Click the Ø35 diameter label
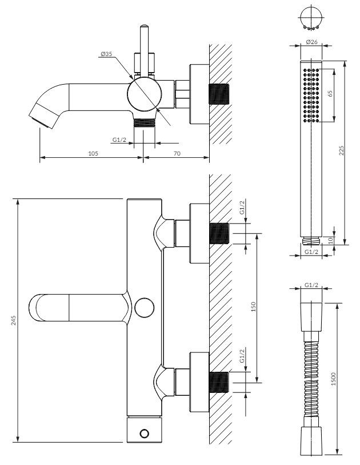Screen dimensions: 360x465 [x=106, y=54]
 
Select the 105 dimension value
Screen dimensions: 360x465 [x=93, y=153]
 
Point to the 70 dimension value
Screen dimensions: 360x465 [x=177, y=153]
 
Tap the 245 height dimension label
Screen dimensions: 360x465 [x=14, y=320]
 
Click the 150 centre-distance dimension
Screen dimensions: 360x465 [x=253, y=307]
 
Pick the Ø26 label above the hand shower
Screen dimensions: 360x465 [x=311, y=42]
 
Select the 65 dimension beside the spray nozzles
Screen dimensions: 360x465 [x=330, y=93]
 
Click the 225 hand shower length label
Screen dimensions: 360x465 [x=341, y=150]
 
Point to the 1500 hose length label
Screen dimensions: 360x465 [x=333, y=379]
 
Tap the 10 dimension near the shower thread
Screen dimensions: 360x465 [x=331, y=240]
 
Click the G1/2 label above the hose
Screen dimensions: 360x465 [x=311, y=285]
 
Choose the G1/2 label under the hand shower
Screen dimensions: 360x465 [x=311, y=252]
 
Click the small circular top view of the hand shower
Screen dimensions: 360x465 [x=311, y=18]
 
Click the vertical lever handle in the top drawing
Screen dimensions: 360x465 [x=145, y=51]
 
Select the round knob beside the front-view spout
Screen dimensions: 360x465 [x=145, y=308]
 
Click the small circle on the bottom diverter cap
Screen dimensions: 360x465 [x=145, y=434]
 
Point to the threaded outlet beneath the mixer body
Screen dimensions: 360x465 [x=145, y=123]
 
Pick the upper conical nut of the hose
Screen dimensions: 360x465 [x=311, y=317]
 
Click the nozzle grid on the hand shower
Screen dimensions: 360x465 [x=311, y=96]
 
